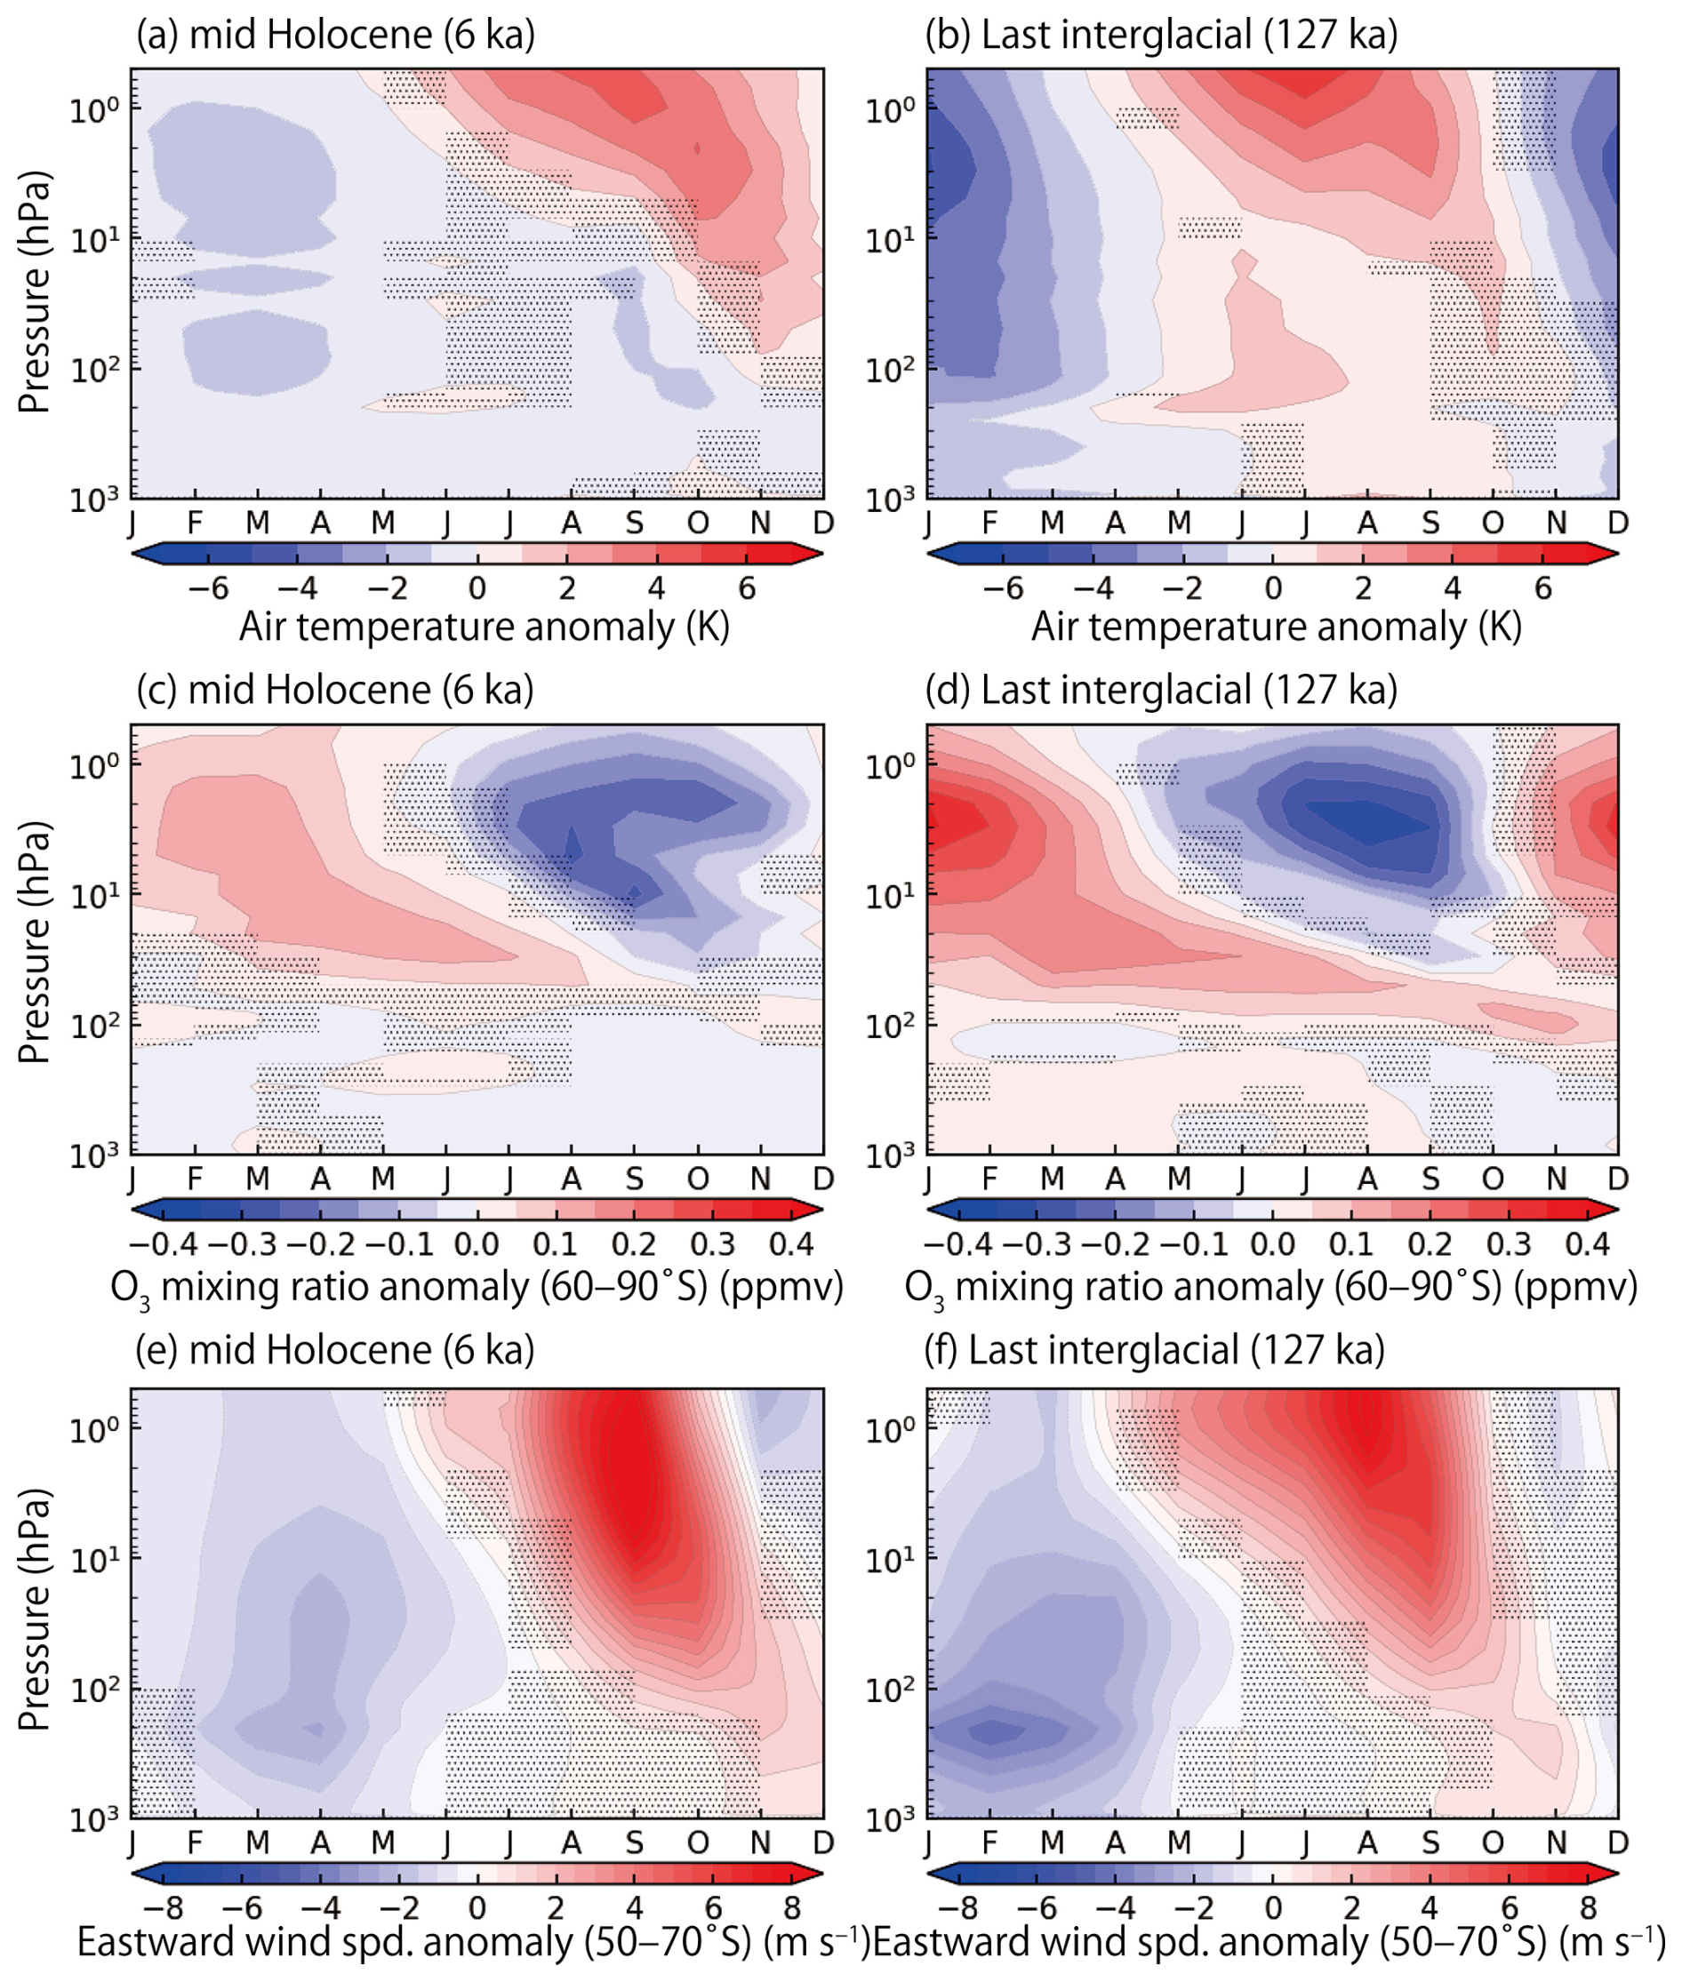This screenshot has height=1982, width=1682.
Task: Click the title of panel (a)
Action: pyautogui.click(x=336, y=36)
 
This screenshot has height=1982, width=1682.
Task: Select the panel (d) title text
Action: pyautogui.click(x=1160, y=691)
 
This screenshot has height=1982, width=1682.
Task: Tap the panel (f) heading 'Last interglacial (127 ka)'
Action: pyautogui.click(x=1155, y=1350)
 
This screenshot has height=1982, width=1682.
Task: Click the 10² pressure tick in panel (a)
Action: pyautogui.click(x=93, y=368)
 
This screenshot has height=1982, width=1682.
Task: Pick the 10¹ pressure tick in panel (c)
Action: pyautogui.click(x=93, y=896)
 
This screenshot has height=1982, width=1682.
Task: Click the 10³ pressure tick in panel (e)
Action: pyautogui.click(x=93, y=1818)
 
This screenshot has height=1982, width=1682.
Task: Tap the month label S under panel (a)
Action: pyautogui.click(x=634, y=523)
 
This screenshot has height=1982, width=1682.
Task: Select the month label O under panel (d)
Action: pyautogui.click(x=1493, y=1179)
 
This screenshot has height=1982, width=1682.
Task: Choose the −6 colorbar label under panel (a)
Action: pyautogui.click(x=208, y=588)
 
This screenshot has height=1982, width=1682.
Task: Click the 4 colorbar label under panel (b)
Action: pyautogui.click(x=1453, y=588)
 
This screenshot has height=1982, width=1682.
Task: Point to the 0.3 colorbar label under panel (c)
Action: pyautogui.click(x=712, y=1244)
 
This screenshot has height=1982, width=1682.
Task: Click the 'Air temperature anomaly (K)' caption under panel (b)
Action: pyautogui.click(x=1276, y=627)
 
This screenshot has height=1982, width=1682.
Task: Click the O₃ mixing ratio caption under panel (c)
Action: pyautogui.click(x=477, y=1287)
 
